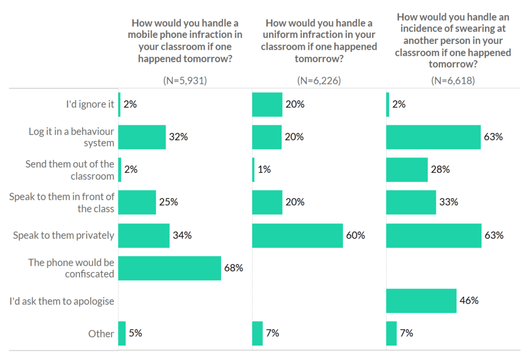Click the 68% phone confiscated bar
tap(170, 268)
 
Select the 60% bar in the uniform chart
tap(298, 235)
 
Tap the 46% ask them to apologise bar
tap(421, 301)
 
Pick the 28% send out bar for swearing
tap(407, 170)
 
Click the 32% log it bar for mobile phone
tap(142, 137)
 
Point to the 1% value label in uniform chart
tap(264, 169)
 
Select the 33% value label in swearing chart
tap(449, 202)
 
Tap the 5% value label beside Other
tap(136, 333)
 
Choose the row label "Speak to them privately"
tap(64, 235)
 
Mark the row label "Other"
tap(101, 334)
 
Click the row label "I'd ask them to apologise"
tap(62, 301)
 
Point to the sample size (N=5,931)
tap(185, 80)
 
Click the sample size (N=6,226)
tap(319, 80)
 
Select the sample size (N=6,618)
tap(453, 80)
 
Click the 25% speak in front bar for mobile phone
tap(137, 202)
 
